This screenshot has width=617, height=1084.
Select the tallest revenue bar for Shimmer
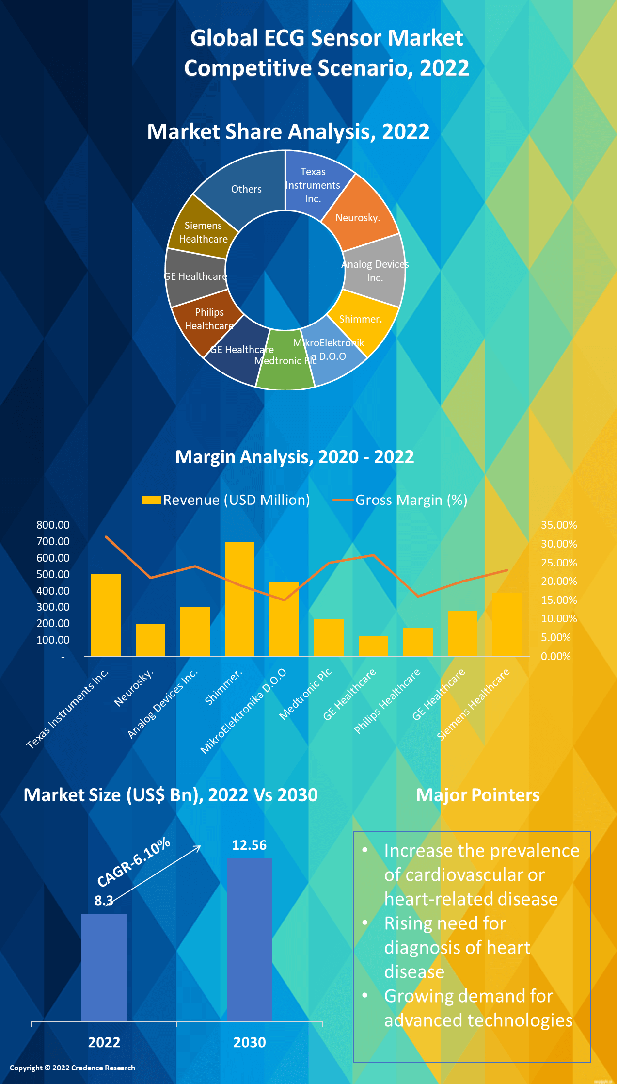pos(239,599)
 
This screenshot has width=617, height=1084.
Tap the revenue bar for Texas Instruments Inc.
pos(106,615)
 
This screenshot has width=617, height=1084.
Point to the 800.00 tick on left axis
pos(53,525)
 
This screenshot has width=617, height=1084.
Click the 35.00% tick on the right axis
pos(559,525)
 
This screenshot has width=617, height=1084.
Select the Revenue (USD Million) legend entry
pos(226,500)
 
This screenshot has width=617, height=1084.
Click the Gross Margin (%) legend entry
pos(400,500)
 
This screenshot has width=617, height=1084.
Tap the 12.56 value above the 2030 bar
pos(249,845)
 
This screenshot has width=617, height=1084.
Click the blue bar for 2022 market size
pos(104,967)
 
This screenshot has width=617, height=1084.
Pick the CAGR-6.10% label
pos(133,861)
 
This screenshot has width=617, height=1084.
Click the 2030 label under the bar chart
pos(250,1042)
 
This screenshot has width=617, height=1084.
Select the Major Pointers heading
pos(477,795)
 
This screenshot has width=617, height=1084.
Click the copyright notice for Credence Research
pos(72,1068)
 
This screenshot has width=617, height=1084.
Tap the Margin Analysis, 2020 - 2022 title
pos(294,457)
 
